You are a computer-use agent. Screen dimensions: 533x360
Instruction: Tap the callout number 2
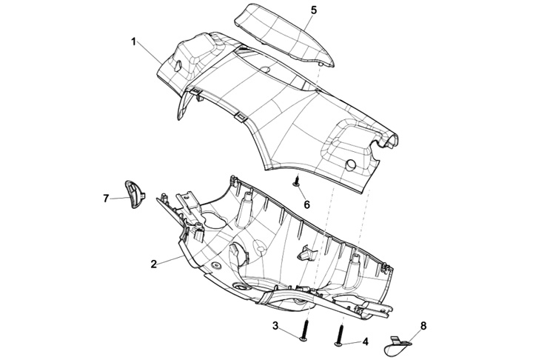(x=153, y=264)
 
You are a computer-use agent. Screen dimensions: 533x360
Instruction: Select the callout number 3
(x=275, y=327)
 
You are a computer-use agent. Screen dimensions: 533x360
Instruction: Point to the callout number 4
(x=365, y=342)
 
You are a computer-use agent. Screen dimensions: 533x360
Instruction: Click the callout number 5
(x=313, y=10)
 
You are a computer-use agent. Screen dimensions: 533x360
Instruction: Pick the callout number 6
(x=307, y=203)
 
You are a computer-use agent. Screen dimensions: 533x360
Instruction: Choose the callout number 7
(x=106, y=199)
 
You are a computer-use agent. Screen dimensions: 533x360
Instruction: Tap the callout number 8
(x=423, y=325)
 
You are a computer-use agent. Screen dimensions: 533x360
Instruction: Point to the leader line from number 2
(x=169, y=260)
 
